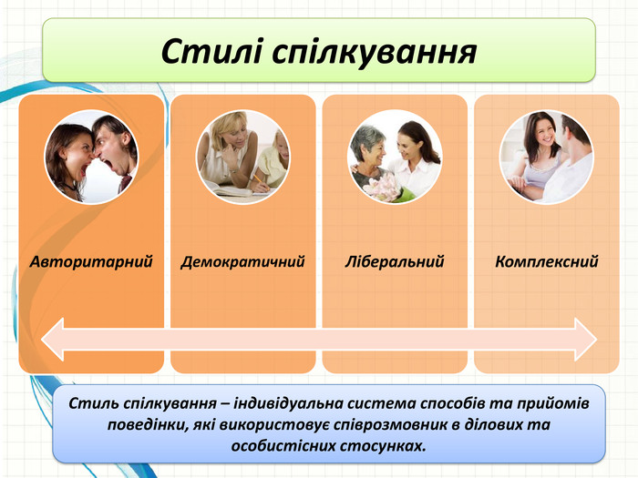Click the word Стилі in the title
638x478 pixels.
pos(211,52)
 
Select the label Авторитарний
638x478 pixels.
pos(91,262)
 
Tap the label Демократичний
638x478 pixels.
pos(243,262)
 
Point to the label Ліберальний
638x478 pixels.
pos(395,262)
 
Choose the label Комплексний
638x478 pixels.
pos(547,261)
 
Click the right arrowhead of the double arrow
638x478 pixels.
pos(586,340)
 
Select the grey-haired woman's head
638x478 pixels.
pos(368,144)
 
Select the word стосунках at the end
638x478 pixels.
pos(383,446)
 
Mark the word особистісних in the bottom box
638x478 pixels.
pos(283,446)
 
